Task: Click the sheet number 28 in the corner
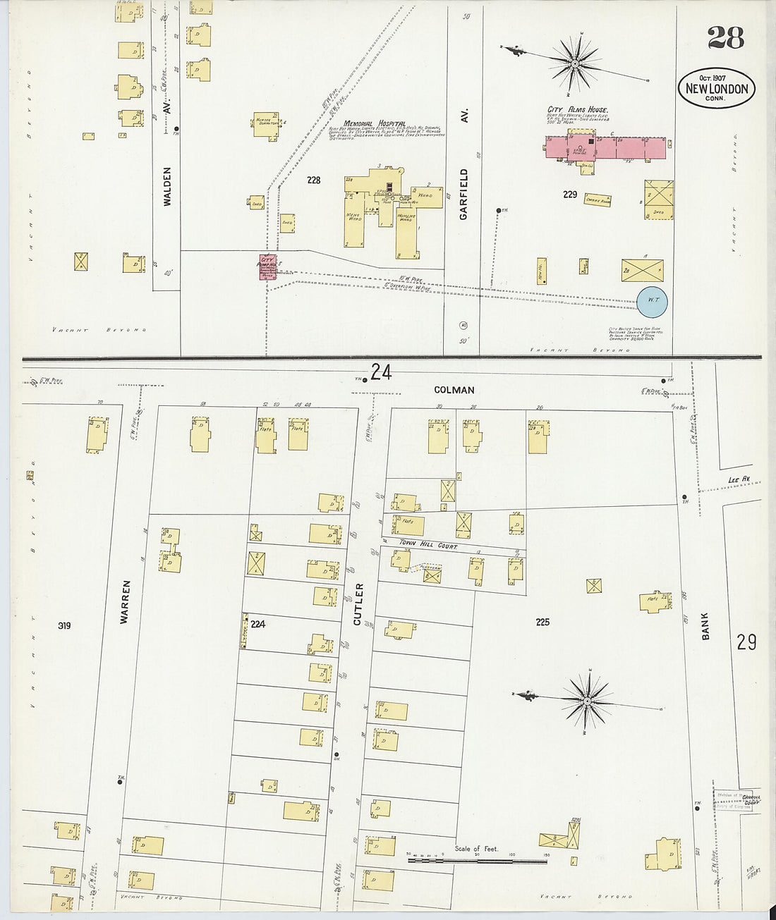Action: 725,38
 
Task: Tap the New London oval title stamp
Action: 717,89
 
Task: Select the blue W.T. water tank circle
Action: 653,301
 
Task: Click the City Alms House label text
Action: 578,110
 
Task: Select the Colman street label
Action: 454,390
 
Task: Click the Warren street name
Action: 126,601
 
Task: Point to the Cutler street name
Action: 358,603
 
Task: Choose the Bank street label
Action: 705,625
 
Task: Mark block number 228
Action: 313,180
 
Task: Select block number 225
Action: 542,622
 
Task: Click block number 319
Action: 64,625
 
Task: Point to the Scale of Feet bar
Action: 477,860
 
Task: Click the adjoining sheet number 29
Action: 746,642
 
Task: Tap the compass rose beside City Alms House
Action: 575,64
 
